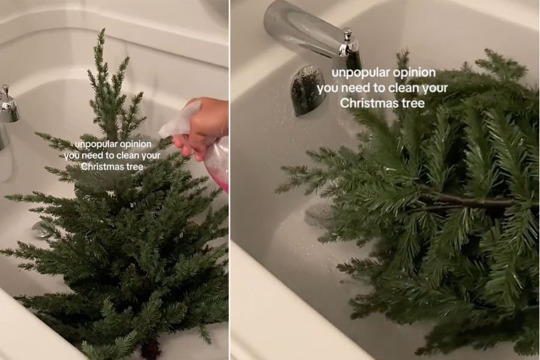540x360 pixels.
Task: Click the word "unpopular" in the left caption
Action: pyautogui.click(x=95, y=144)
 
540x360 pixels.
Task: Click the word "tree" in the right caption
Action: pyautogui.click(x=413, y=103)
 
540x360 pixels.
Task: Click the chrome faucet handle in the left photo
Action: pyautogui.click(x=8, y=105)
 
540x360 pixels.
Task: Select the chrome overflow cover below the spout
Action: pyautogui.click(x=307, y=90)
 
